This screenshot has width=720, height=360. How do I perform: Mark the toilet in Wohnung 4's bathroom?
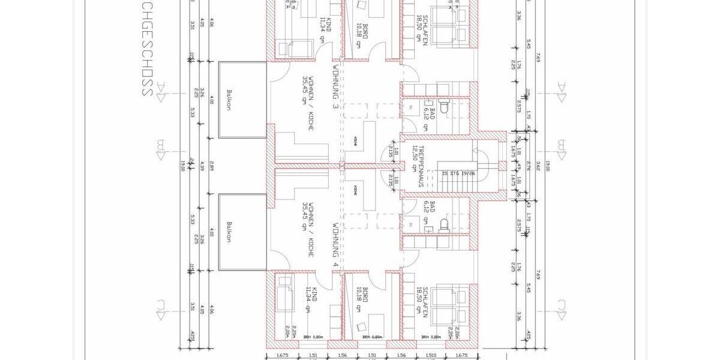pyautogui.click(x=445, y=223)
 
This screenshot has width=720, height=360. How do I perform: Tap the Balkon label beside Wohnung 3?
pyautogui.click(x=229, y=100)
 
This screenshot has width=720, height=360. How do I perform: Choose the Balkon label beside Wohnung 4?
pyautogui.click(x=229, y=232)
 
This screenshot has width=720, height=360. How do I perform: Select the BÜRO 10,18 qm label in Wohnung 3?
pyautogui.click(x=357, y=35)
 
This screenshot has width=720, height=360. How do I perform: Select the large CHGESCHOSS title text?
pyautogui.click(x=145, y=48)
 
